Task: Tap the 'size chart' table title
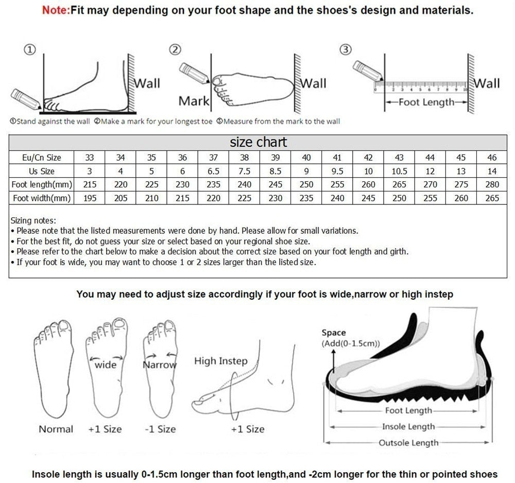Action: (x=258, y=142)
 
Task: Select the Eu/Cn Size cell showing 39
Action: (x=276, y=158)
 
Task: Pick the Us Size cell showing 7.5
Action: (x=245, y=171)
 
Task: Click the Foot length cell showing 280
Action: (x=492, y=184)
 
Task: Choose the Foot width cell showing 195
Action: (x=90, y=198)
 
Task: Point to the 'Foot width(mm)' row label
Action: (x=42, y=198)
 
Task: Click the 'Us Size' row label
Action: (x=42, y=171)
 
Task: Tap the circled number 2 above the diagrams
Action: (x=176, y=49)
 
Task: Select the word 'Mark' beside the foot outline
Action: (x=194, y=101)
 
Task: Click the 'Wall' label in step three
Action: (x=487, y=83)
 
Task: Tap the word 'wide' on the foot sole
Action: (x=106, y=365)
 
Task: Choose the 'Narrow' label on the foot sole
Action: (x=159, y=365)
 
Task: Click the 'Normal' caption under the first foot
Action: (x=56, y=429)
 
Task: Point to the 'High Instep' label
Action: (x=220, y=361)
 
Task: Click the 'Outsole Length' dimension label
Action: (x=408, y=443)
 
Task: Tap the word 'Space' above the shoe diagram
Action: (x=334, y=333)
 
